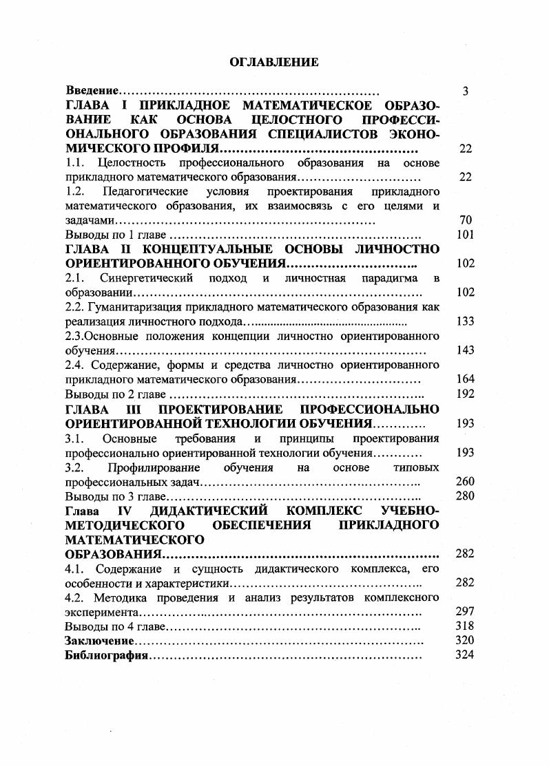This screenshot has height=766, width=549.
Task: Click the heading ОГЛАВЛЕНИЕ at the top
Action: click(x=273, y=63)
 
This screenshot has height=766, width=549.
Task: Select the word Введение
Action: click(x=92, y=91)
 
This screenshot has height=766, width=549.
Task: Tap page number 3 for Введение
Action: click(x=466, y=91)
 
